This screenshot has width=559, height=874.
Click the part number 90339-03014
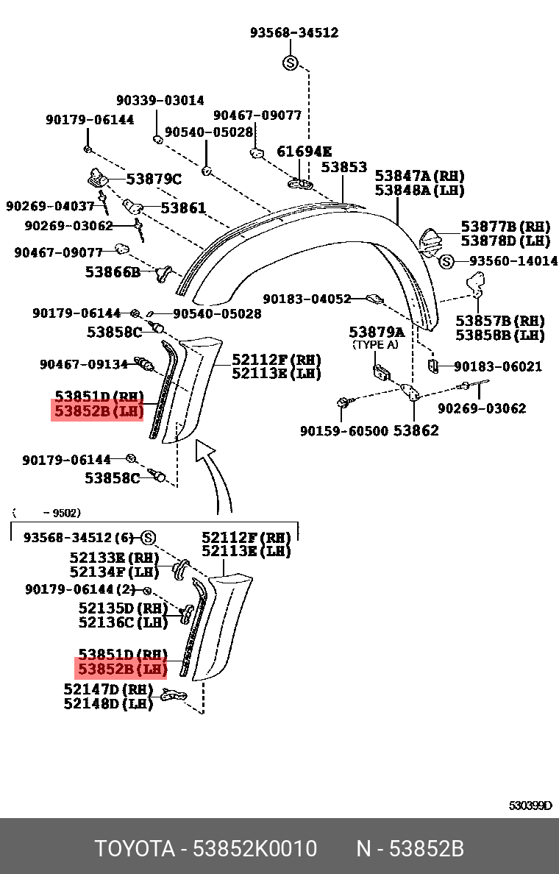point(160,101)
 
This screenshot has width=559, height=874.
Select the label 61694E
point(304,152)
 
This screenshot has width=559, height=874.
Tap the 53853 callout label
point(343,168)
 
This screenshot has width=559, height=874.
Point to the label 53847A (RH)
point(419,176)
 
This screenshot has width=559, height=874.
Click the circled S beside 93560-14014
point(446,261)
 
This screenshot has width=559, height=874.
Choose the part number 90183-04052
point(307,299)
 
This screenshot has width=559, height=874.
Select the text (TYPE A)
point(375,344)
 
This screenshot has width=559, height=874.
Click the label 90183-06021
point(498,366)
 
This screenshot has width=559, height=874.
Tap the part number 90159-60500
point(343,430)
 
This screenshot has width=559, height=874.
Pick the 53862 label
point(416,430)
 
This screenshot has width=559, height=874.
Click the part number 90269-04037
point(50,207)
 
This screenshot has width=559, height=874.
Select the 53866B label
point(113,271)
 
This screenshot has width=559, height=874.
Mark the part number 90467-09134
point(84,364)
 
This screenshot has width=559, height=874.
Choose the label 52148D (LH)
point(108,704)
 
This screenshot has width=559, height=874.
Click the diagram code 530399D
point(530,806)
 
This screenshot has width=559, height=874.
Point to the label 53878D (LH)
point(505,241)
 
